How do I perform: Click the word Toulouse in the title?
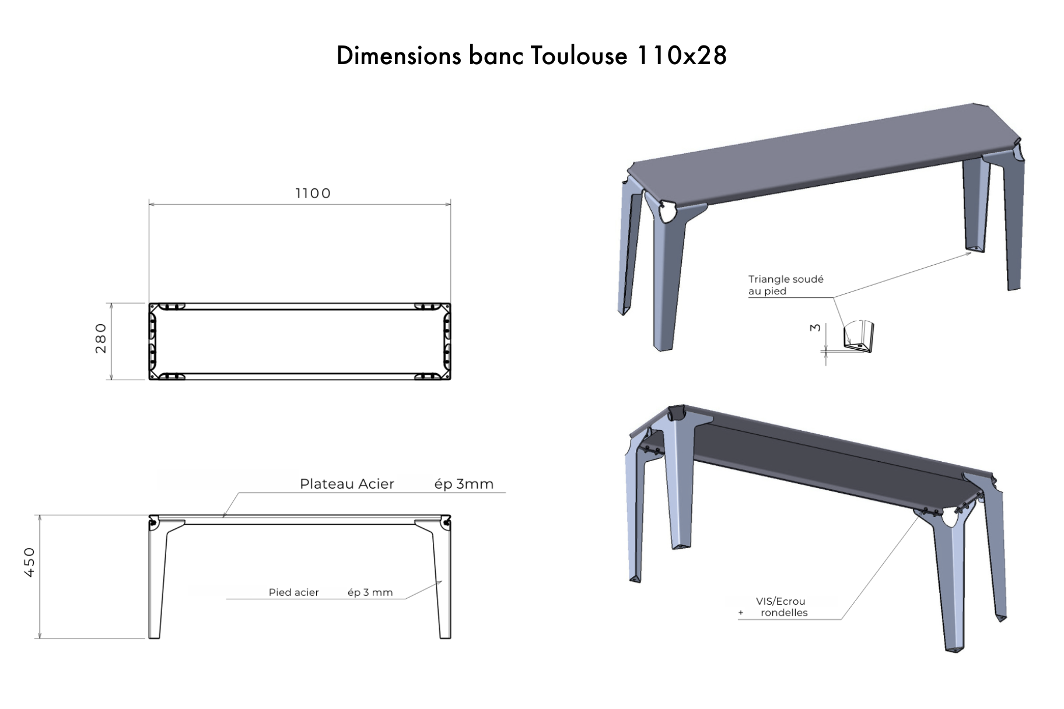[579, 56]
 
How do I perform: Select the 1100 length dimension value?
[313, 193]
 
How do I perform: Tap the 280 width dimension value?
[101, 338]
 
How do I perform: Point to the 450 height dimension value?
[30, 562]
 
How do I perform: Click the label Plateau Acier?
[346, 484]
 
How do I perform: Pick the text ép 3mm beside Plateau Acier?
[464, 484]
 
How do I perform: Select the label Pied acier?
[293, 592]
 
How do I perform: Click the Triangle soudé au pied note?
[785, 285]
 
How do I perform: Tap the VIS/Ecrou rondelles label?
[781, 607]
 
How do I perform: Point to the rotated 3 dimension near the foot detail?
[815, 328]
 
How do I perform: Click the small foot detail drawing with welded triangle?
[858, 338]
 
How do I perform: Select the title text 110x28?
[681, 56]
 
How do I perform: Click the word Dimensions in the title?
[398, 56]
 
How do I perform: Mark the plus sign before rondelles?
[741, 613]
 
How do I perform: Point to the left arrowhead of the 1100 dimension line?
[151, 203]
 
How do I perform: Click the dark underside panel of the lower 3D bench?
[817, 466]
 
